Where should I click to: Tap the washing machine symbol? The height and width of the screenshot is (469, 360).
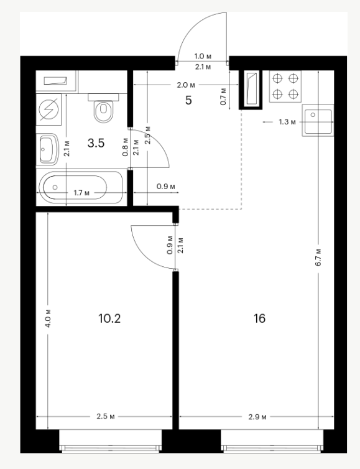48,109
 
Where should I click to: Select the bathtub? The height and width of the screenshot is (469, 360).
81,188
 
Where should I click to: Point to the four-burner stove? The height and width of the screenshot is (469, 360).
285,86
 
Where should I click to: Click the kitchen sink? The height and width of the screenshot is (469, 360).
318,120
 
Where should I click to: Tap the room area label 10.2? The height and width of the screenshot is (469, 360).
109,318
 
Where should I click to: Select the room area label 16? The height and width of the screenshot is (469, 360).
259,318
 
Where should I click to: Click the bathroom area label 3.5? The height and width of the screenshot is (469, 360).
96,143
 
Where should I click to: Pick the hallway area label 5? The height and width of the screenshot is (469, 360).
188,101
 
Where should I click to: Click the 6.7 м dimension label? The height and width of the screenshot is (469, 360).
318,258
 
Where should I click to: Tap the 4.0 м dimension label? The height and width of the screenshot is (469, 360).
48,318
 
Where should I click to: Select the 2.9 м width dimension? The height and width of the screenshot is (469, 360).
257,417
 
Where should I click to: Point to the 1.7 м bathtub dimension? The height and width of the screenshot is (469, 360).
81,193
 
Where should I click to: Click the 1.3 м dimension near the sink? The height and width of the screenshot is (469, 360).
287,122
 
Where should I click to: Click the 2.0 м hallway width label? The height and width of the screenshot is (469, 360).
186,85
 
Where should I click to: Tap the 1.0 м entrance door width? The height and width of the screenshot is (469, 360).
203,56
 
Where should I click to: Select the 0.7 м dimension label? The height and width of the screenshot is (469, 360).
223,96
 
